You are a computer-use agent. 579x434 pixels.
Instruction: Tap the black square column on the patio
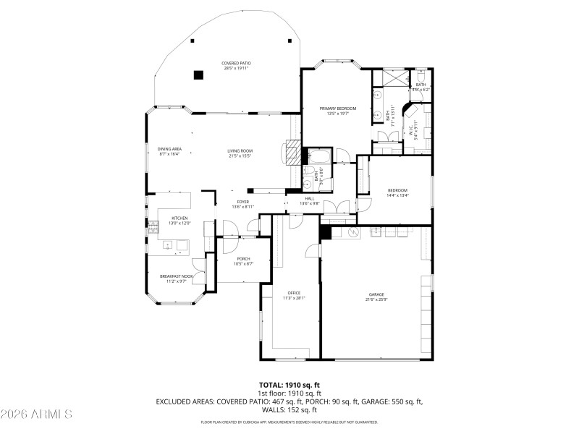198,73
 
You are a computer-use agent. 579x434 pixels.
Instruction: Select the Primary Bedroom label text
338,109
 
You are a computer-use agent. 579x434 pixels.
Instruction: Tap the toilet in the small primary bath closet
421,77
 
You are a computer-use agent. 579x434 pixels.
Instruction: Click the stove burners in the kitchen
153,225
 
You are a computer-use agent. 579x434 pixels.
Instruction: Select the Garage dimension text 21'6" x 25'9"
376,299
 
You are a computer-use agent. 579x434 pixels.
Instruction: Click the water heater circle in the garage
355,231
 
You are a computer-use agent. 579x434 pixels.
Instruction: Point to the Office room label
294,293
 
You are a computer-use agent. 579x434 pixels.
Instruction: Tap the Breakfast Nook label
177,276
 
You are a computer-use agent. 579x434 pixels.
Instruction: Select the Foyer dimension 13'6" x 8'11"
242,208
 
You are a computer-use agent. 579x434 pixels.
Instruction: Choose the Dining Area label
169,149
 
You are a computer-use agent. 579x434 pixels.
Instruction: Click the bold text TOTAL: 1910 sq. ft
289,385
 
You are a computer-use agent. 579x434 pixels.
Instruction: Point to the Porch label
243,258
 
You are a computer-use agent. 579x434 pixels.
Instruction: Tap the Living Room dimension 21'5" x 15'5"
240,156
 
